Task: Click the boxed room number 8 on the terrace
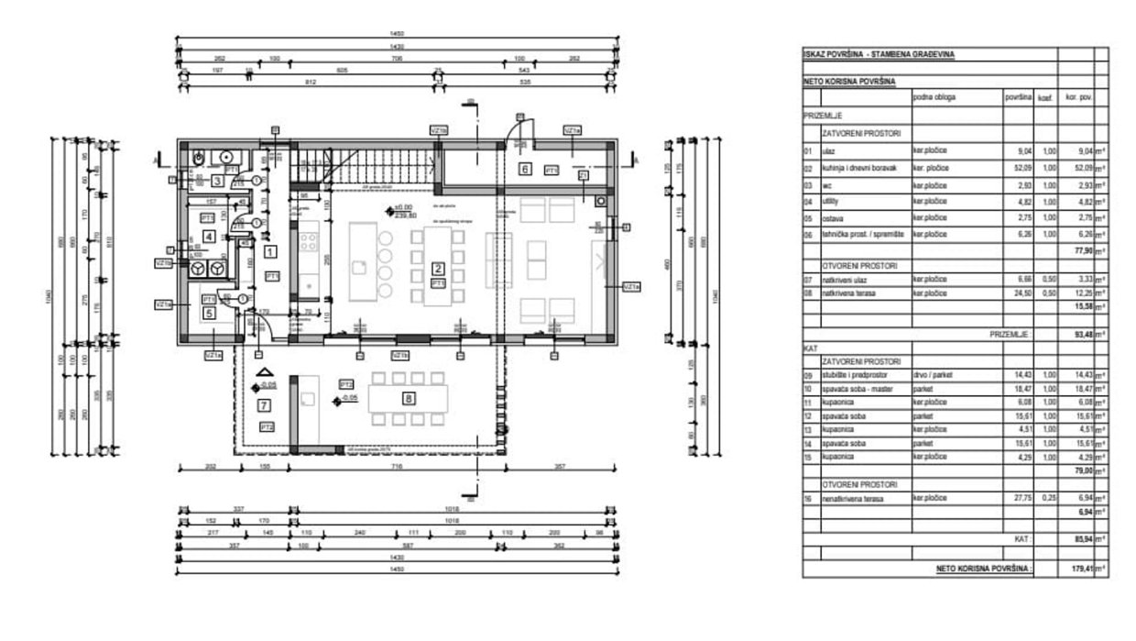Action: (409, 398)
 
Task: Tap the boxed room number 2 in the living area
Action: (439, 269)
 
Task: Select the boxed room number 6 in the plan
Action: (526, 169)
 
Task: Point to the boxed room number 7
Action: (264, 404)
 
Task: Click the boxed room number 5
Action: (209, 314)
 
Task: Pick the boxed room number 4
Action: (209, 238)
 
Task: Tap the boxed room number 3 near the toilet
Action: (218, 181)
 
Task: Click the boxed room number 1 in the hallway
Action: (269, 249)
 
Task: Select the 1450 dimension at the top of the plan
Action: (396, 34)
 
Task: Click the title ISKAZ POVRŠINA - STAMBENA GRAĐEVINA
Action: (879, 54)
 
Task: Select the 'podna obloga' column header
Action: (934, 96)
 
